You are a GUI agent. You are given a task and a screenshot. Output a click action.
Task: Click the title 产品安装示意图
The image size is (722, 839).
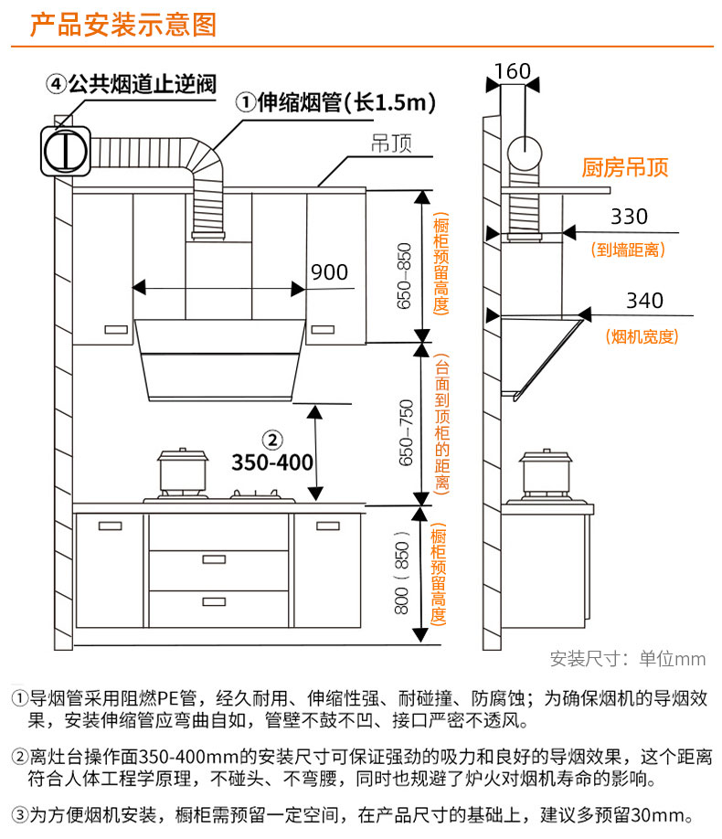[x=123, y=24]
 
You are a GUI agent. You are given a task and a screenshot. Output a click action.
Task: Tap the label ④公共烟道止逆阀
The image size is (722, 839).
[x=132, y=85]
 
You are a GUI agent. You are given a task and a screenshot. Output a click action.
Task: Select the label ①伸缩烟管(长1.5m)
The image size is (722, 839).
[x=334, y=103]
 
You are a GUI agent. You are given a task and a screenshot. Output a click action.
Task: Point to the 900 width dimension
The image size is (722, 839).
[x=329, y=271]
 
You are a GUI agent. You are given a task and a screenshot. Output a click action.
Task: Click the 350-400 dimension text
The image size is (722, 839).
[x=271, y=462]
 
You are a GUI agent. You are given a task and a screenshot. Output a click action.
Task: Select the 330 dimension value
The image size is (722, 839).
[x=629, y=217]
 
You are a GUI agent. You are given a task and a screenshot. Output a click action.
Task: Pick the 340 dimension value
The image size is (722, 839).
[x=644, y=301]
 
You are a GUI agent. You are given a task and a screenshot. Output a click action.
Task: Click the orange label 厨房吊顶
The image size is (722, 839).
[x=625, y=168]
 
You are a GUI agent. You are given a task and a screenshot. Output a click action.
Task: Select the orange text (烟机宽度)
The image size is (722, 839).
[x=642, y=336]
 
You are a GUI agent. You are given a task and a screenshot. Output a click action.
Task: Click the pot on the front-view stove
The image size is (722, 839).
[x=179, y=473]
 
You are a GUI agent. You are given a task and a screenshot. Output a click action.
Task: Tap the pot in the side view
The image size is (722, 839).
[x=544, y=473]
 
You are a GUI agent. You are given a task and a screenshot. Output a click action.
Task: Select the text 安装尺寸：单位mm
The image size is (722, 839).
[x=628, y=659]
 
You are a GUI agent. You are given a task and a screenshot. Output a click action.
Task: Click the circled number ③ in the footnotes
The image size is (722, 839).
[x=19, y=814]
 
